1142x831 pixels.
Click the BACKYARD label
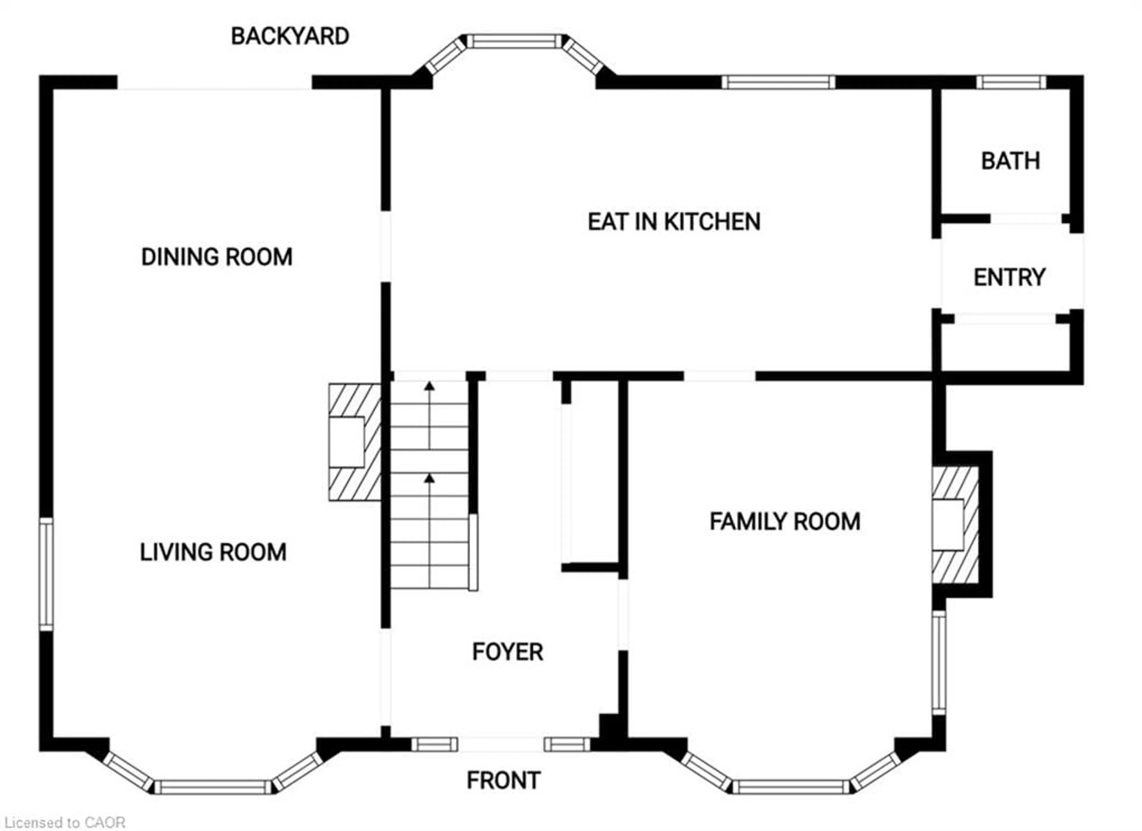[x=290, y=36]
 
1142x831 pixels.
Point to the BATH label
[x=1010, y=161]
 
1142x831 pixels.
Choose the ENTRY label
[x=1009, y=277]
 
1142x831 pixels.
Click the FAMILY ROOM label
[x=785, y=521]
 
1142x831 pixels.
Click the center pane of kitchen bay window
[x=514, y=41]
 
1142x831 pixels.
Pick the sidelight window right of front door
[x=567, y=744]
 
